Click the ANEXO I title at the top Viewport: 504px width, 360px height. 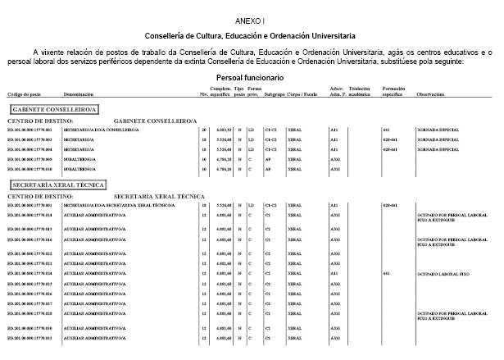coord(251,17)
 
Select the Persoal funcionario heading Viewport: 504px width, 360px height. coord(251,75)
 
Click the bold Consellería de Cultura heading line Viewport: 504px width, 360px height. coord(250,37)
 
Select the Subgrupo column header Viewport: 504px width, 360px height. coord(275,95)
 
